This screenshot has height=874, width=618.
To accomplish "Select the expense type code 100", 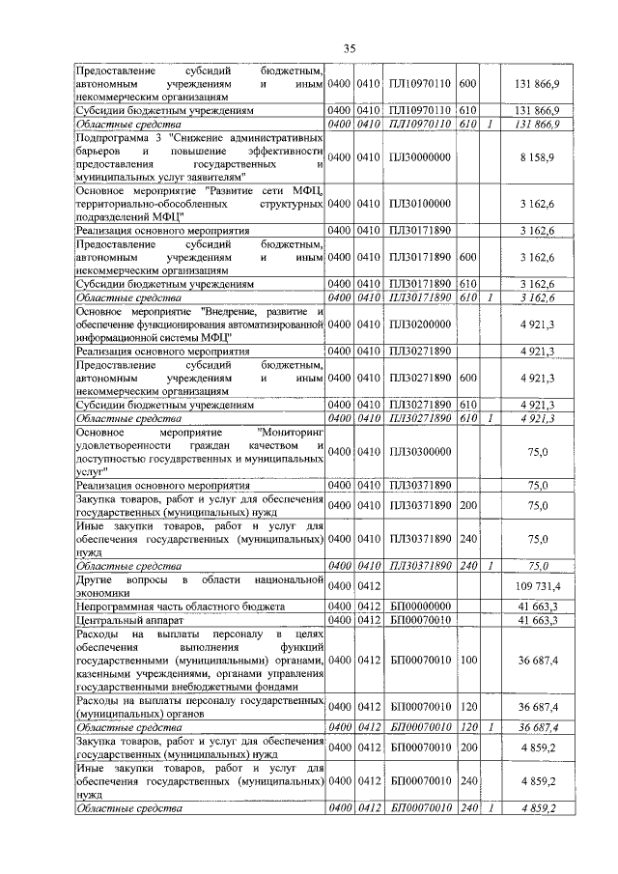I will tap(468, 660).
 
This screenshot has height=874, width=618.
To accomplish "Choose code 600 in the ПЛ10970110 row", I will tap(468, 85).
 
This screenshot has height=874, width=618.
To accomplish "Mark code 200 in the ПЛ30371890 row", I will tap(468, 504).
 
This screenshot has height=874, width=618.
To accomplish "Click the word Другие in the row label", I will tap(98, 579).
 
